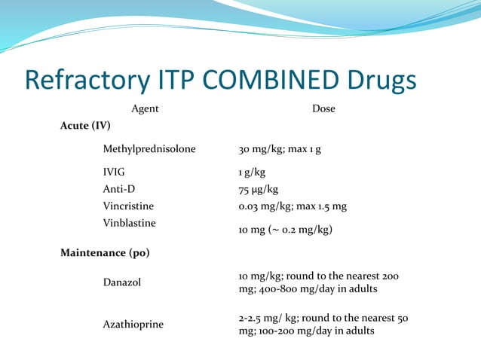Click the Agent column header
pyautogui.click(x=145, y=109)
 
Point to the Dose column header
pyautogui.click(x=323, y=109)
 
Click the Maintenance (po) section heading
pyautogui.click(x=105, y=252)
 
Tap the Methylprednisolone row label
pyautogui.click(x=149, y=149)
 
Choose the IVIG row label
pyautogui.click(x=115, y=172)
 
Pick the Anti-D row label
pyautogui.click(x=119, y=189)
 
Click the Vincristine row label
pyautogui.click(x=128, y=206)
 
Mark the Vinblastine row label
pyautogui.click(x=129, y=223)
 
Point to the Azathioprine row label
pyautogui.click(x=133, y=324)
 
